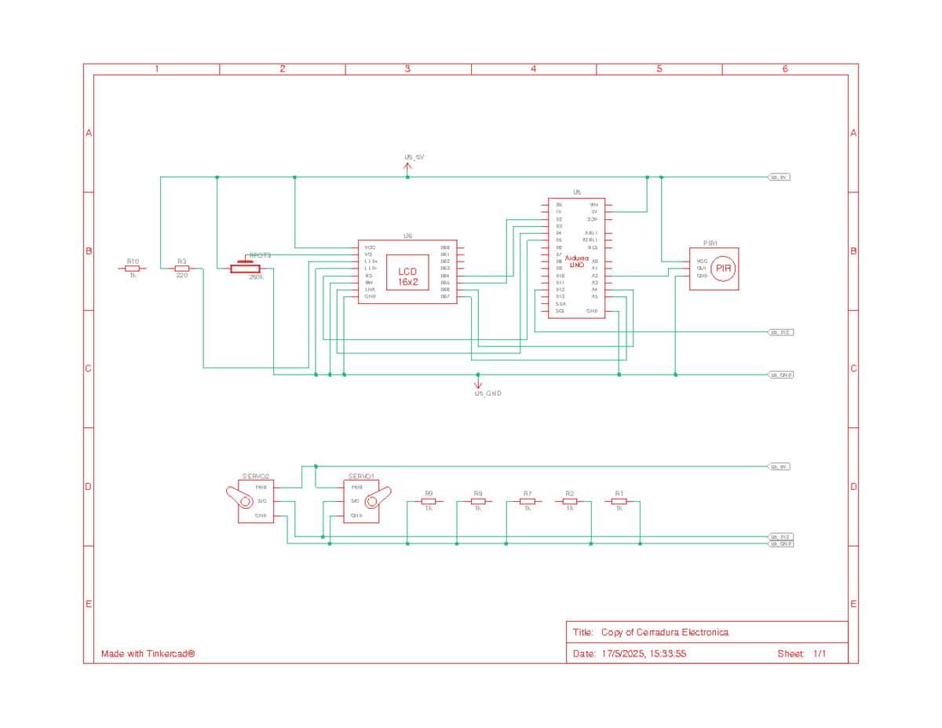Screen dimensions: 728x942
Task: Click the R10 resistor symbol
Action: pos(132,269)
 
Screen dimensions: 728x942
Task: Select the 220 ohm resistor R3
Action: pos(181,269)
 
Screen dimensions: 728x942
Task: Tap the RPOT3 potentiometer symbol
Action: pos(245,269)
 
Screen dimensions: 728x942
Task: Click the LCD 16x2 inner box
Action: pos(407,273)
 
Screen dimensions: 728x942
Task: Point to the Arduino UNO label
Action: pos(577,262)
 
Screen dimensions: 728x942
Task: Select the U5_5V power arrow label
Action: pos(414,157)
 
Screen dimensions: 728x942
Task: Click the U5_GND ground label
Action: pos(487,393)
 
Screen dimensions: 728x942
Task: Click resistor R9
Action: pos(429,500)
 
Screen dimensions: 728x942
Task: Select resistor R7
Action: pos(528,500)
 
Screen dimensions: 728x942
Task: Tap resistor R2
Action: pos(570,500)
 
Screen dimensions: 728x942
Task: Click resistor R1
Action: pos(619,500)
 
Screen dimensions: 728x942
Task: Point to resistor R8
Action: pos(478,500)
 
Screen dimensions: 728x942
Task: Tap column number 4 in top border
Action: pos(533,69)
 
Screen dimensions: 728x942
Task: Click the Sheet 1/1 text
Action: pos(801,653)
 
